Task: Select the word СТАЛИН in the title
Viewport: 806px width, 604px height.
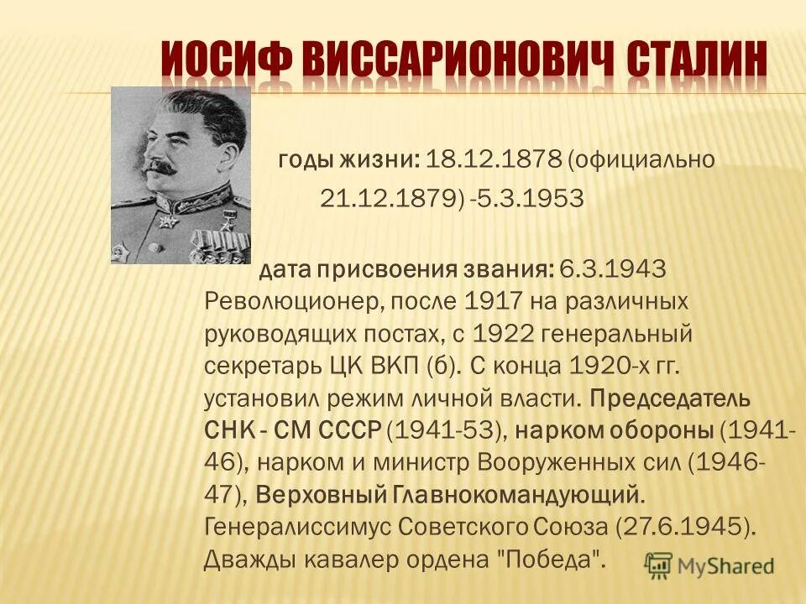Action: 697,61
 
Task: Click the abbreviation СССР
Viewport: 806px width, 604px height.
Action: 351,430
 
